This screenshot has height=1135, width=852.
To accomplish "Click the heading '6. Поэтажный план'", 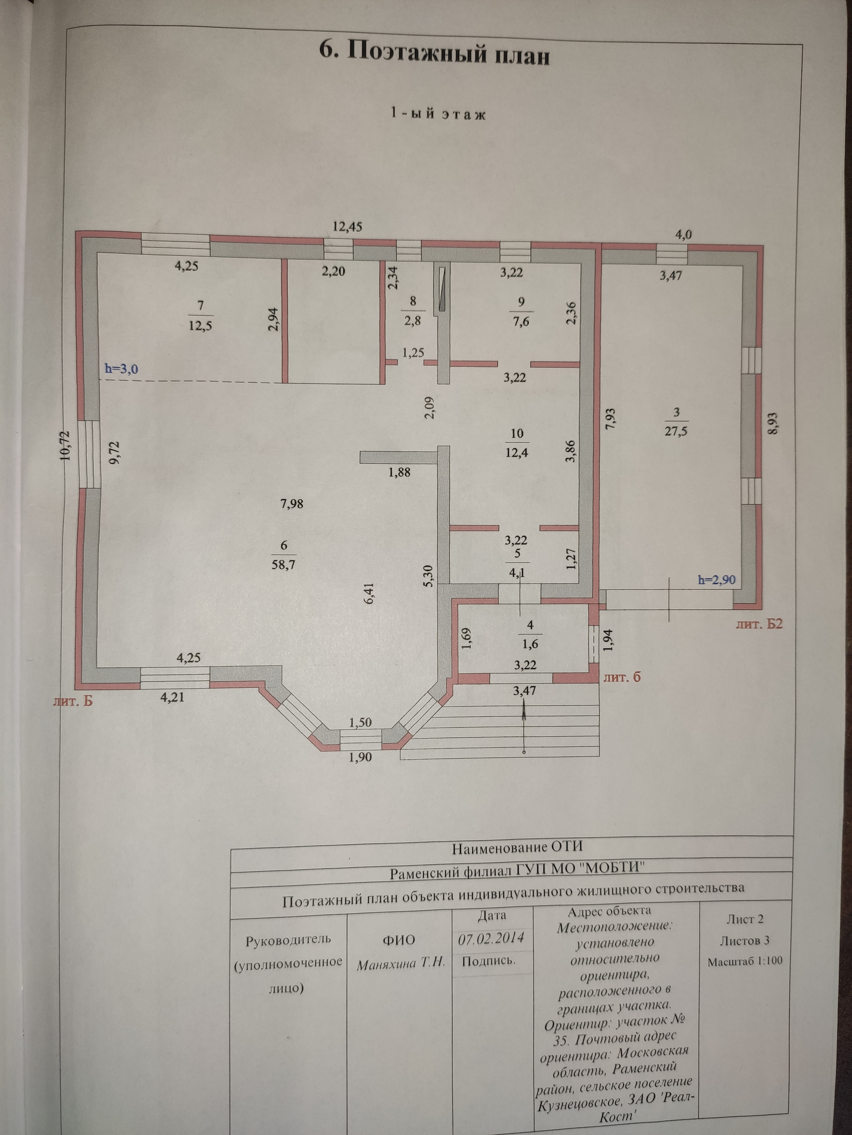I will click(x=434, y=52).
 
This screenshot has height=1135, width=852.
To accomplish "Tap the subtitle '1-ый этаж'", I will click(x=438, y=113).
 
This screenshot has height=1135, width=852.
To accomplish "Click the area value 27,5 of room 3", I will click(x=676, y=431).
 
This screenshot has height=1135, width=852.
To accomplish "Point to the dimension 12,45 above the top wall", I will click(x=348, y=226).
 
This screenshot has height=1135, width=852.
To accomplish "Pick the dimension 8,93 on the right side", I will click(x=773, y=424).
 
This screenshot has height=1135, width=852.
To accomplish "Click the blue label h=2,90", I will click(x=716, y=580).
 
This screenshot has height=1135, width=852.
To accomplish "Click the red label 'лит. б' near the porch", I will click(x=622, y=677).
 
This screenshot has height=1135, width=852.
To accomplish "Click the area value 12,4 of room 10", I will click(x=517, y=453).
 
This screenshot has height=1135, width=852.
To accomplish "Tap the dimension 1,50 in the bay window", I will click(x=360, y=723).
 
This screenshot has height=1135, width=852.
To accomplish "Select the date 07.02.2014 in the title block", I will click(x=491, y=939).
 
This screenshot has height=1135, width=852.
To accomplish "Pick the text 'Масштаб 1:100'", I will click(x=745, y=962).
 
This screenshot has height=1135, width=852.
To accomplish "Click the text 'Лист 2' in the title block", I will click(x=745, y=919).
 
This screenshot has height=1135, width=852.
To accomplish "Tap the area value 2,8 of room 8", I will click(x=412, y=322).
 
